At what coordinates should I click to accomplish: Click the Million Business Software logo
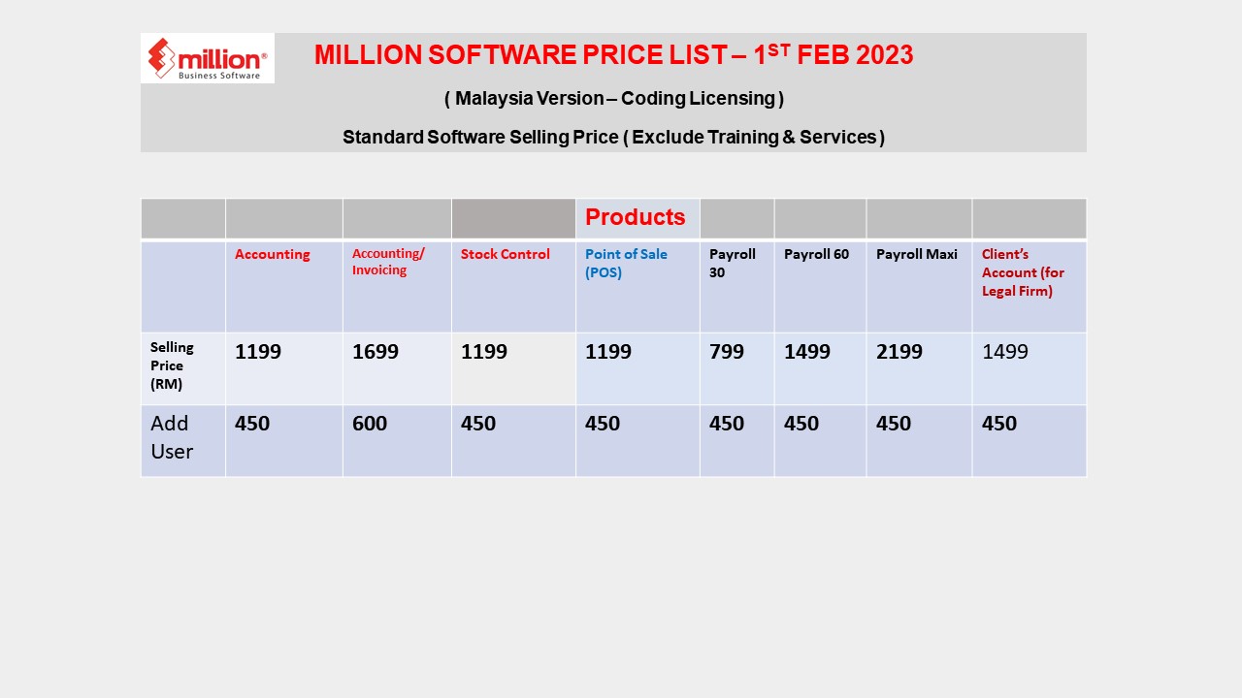(x=207, y=58)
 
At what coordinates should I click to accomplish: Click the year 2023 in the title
(x=884, y=55)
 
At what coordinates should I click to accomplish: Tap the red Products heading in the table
(x=635, y=217)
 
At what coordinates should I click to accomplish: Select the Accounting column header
(x=272, y=254)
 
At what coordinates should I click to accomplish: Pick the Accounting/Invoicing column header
(x=388, y=262)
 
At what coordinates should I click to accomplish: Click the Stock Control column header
(x=505, y=254)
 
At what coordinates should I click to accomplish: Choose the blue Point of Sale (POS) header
(x=626, y=263)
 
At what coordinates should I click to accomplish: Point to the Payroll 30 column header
(x=732, y=263)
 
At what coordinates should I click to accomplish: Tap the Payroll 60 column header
(x=816, y=254)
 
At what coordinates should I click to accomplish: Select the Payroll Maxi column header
(x=916, y=254)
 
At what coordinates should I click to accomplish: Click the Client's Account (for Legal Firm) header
(x=1023, y=272)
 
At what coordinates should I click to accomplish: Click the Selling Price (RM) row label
(x=172, y=365)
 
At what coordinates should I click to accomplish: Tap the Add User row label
(x=171, y=437)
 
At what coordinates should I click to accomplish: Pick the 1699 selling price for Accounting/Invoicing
(x=375, y=352)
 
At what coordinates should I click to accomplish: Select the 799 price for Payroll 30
(x=726, y=352)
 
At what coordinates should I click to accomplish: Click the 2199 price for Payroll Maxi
(x=899, y=352)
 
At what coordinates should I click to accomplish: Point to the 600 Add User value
(x=369, y=424)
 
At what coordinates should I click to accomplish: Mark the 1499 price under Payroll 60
(x=806, y=352)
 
